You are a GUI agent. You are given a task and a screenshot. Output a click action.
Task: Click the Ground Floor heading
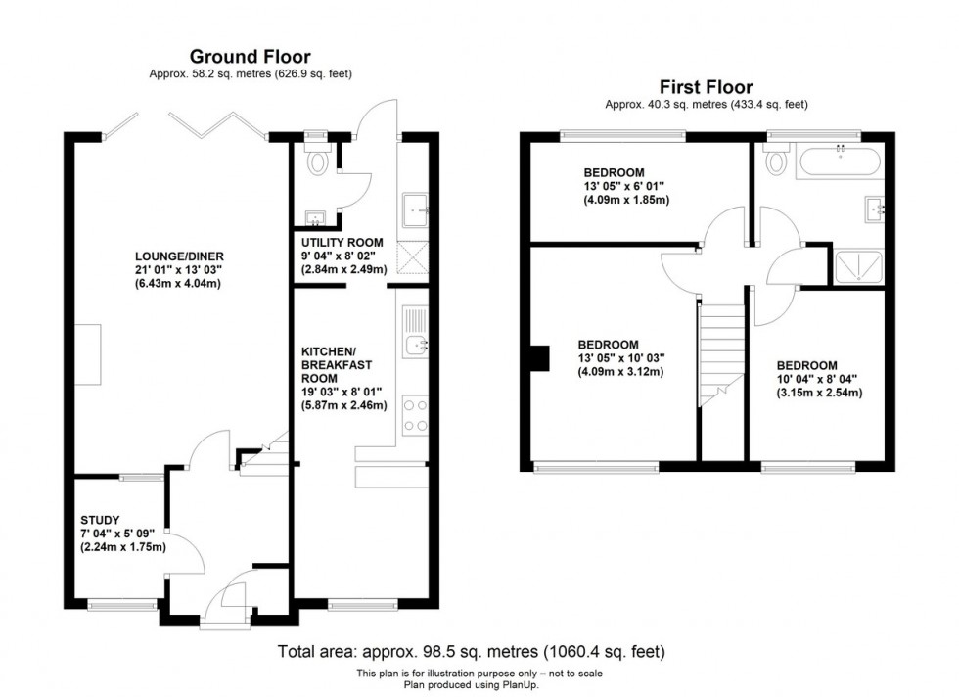coord(250,56)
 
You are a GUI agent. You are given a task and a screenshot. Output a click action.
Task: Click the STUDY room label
coord(100,520)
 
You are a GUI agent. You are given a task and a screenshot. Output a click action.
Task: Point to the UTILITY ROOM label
coord(342,242)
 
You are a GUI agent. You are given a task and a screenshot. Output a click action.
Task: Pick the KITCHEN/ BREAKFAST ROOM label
coord(332,364)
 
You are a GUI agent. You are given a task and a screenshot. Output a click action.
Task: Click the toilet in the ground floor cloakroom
coord(315,163)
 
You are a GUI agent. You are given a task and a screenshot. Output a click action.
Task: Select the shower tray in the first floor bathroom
coord(857,265)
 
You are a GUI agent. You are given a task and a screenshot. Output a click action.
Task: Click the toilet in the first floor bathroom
coord(778,159)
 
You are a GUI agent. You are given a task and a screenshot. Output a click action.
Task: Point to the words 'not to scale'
coord(572,673)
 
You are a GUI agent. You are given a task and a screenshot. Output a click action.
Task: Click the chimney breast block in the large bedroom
coord(538,358)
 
